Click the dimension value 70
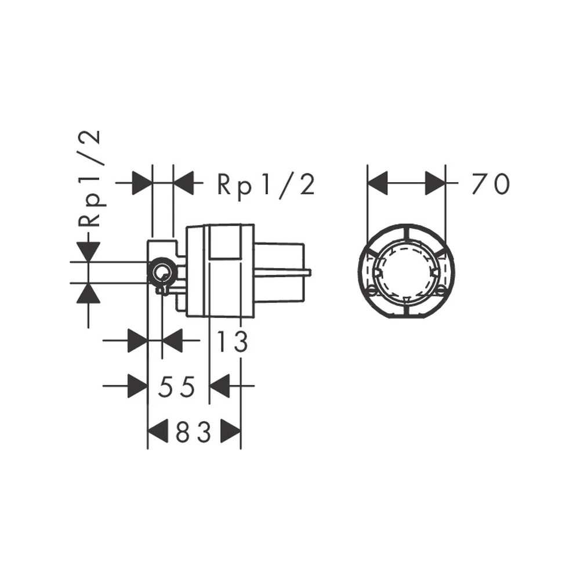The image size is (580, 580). (x=491, y=184)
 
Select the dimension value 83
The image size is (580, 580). (x=193, y=432)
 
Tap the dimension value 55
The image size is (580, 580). (x=176, y=386)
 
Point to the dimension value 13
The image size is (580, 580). (x=232, y=342)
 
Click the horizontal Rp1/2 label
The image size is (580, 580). (x=266, y=184)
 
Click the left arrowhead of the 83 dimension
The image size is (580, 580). (x=158, y=432)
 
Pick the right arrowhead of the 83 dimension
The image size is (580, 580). (x=230, y=432)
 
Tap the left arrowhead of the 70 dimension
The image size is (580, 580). (x=378, y=183)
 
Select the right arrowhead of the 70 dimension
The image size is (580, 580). (x=436, y=183)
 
